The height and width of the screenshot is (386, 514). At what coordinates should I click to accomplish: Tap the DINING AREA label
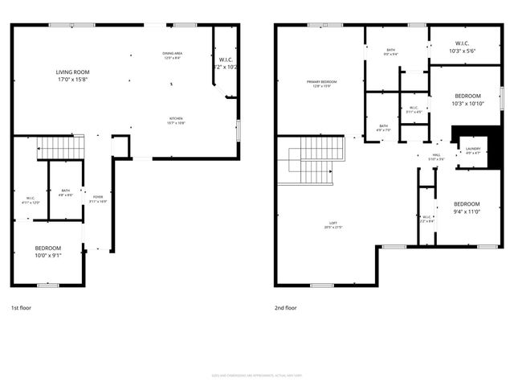(172, 54)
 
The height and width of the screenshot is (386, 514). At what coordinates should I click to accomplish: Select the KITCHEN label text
(175, 118)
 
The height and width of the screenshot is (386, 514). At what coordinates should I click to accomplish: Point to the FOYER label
(98, 196)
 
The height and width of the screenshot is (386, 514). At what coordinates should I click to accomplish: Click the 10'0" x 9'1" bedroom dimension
(48, 256)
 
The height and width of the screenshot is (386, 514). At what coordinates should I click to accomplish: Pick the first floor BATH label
(65, 191)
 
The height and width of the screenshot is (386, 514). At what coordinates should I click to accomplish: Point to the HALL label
(436, 155)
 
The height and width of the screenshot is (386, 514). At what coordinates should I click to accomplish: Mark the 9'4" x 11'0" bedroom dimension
(466, 211)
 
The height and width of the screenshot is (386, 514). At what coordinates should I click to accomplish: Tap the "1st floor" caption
(22, 307)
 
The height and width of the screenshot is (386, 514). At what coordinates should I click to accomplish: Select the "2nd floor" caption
(286, 307)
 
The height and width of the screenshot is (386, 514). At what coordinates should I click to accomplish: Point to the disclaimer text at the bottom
(256, 374)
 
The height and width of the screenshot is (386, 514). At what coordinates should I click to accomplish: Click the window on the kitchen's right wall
(239, 130)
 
